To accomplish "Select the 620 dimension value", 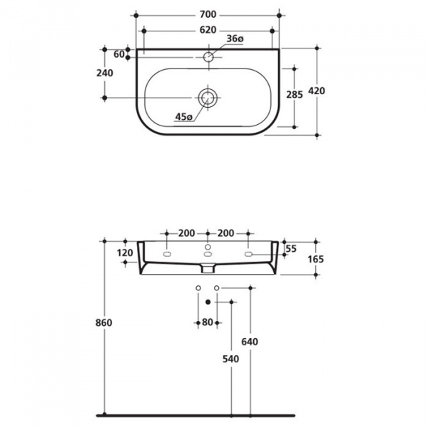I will click(208, 31).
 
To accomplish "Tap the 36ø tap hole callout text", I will click(236, 39).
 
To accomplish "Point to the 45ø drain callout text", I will click(184, 117).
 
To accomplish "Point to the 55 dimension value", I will click(290, 248).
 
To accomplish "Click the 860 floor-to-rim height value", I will click(103, 322).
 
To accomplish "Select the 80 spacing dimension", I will click(207, 322).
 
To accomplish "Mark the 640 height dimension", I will click(250, 342).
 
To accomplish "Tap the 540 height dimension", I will click(229, 360).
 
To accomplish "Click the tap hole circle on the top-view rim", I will click(208, 56).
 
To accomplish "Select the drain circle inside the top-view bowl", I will click(208, 98).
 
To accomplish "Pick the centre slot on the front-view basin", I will click(208, 255).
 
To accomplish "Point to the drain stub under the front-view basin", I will click(207, 270).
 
